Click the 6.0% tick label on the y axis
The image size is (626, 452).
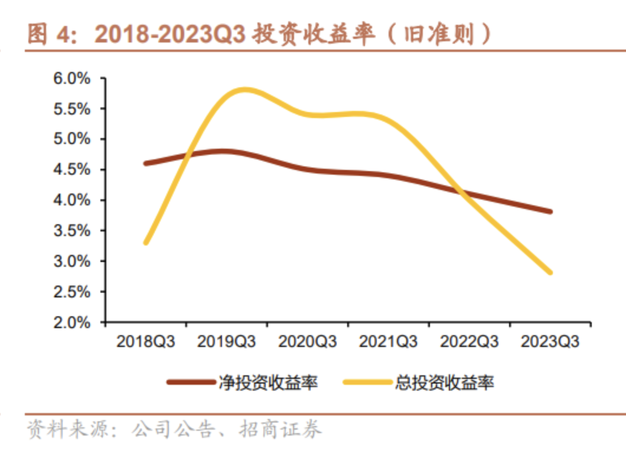point(72,78)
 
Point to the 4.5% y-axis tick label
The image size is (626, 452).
point(72,170)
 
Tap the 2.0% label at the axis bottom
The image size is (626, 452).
point(72,323)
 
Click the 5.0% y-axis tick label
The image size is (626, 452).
point(72,140)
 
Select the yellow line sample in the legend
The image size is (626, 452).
point(367,382)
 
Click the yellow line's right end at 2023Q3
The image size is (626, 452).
point(550,272)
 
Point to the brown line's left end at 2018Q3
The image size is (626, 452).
point(146,163)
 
